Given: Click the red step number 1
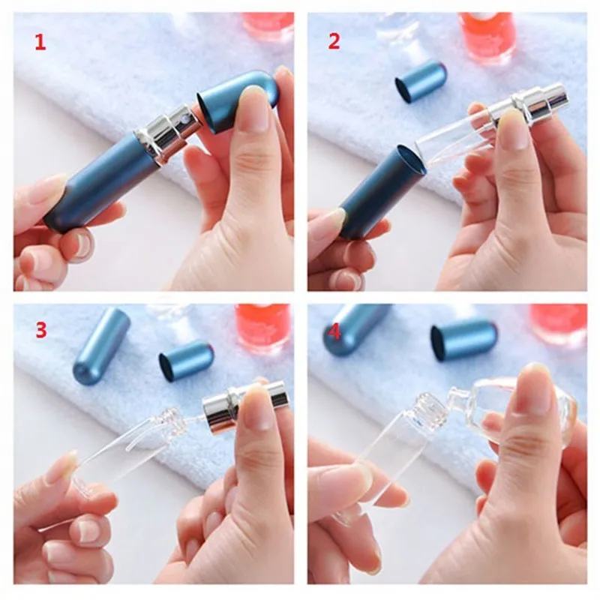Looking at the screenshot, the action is tap(40, 42).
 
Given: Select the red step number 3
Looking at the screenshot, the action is tap(41, 330).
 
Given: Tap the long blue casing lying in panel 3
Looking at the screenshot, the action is tap(101, 342).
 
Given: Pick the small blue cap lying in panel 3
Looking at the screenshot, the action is tap(186, 361).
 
